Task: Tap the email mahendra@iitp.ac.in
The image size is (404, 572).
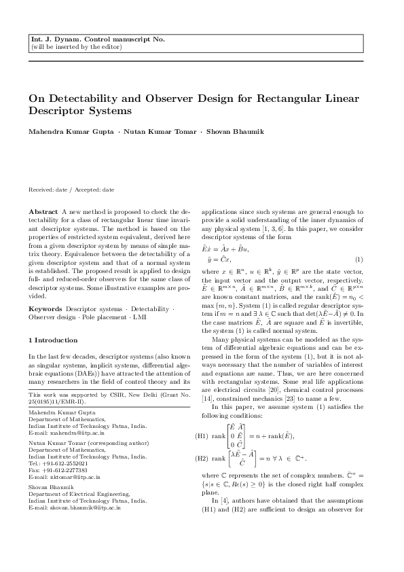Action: (73, 449)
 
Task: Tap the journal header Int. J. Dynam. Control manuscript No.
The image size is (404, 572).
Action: (98, 40)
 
